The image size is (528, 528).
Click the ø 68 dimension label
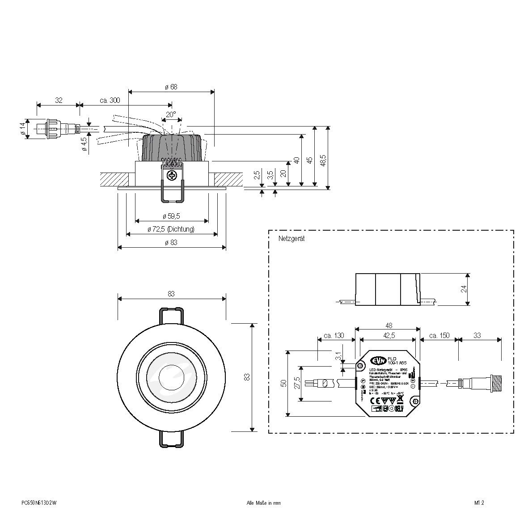coord(171,87)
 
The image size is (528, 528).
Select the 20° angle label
coord(171,114)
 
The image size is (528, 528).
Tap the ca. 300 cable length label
coord(110,101)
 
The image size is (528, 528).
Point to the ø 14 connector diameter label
coord(22,128)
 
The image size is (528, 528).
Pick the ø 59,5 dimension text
coord(171,216)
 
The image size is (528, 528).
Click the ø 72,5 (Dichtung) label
coord(171,229)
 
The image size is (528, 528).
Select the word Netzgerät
coord(291,239)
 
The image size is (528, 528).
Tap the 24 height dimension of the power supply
coord(464,289)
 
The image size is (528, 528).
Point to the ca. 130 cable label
coord(333,335)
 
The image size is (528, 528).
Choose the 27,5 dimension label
coord(297,384)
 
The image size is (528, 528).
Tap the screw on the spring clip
coord(172,176)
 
